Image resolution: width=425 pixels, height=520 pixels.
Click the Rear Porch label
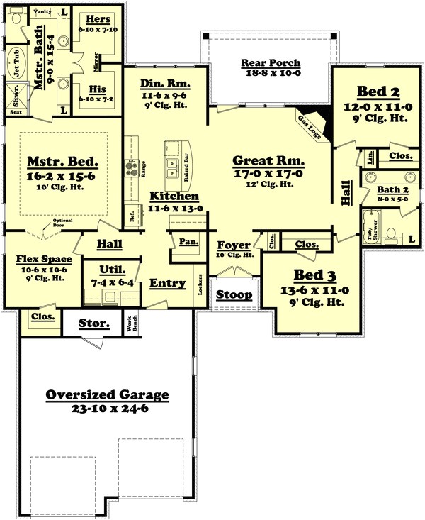tap(271, 62)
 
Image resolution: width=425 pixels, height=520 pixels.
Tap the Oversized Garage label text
tap(107, 395)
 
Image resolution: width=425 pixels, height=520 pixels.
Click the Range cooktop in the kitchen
tap(132, 168)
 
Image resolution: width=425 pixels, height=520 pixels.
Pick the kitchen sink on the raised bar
tap(172, 167)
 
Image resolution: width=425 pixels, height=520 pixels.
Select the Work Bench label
tap(130, 323)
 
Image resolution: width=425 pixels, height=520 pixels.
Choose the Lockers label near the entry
tap(200, 288)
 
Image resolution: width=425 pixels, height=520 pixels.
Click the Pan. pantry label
tap(188, 242)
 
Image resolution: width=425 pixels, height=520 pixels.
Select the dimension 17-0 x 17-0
tap(268, 172)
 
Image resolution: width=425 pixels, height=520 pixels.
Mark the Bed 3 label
tap(312, 275)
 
